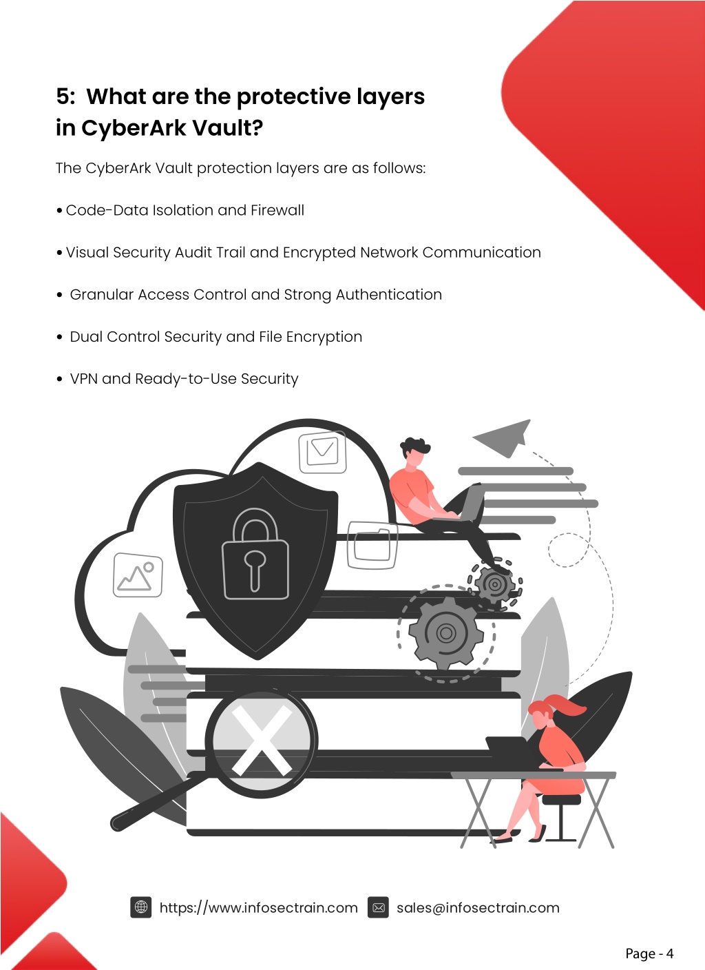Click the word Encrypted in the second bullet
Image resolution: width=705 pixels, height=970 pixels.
pos(319,253)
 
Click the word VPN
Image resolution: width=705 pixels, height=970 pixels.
pos(84,378)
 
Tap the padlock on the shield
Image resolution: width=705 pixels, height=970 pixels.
pos(255,555)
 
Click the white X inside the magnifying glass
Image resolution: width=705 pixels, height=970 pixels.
pos(262,739)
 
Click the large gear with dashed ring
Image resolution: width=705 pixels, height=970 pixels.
pos(445,633)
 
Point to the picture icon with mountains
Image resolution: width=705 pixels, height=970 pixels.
pos(138,575)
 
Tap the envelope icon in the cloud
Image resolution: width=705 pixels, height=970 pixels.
pos(322,451)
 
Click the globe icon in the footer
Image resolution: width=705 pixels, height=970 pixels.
pos(140,907)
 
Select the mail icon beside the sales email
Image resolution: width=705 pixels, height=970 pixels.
pos(378,907)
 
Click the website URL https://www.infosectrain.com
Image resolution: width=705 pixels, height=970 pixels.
pos(258,907)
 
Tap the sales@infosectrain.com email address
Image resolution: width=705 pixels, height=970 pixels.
pos(478,907)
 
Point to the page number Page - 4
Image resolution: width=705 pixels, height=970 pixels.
pos(649,953)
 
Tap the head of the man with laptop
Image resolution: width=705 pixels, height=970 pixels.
pos(414,452)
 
